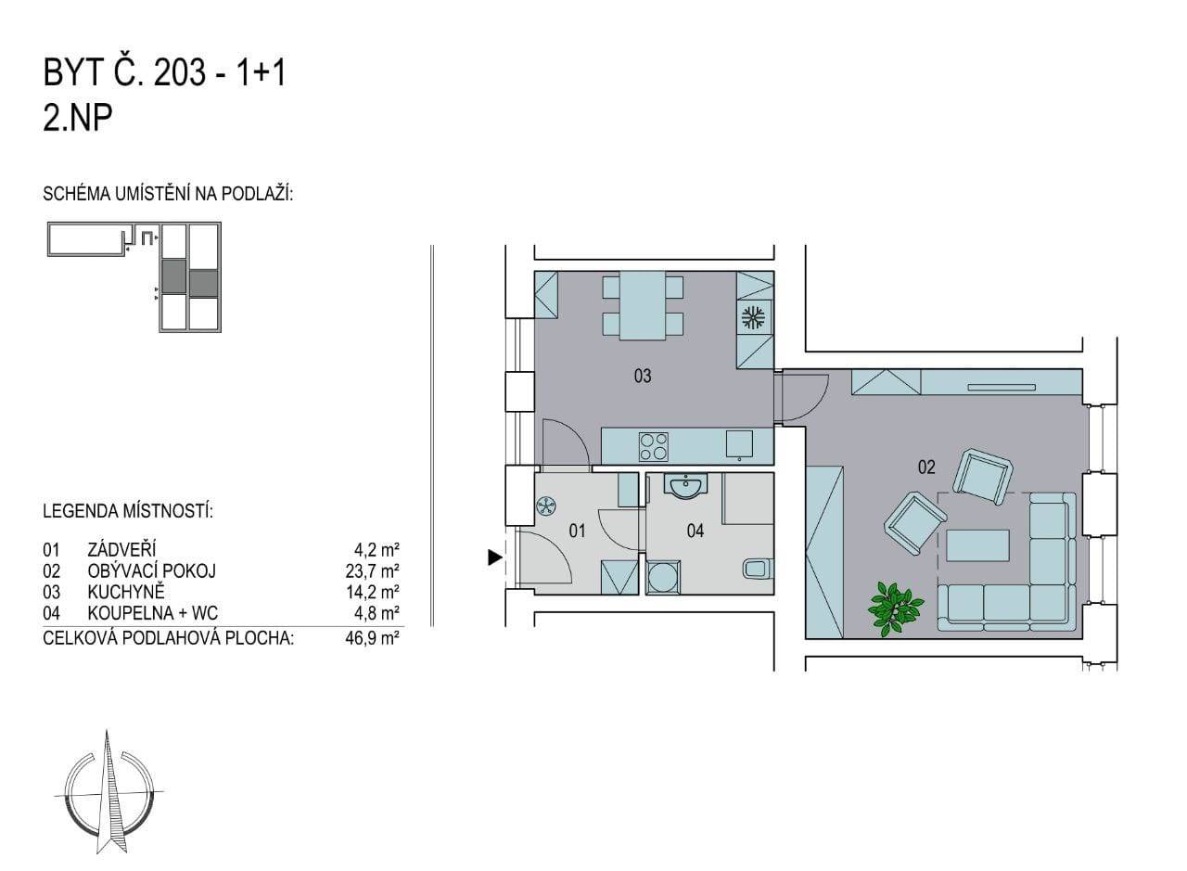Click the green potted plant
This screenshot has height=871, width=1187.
pos(895,609)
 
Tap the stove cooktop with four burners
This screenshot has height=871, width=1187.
pos(654,446)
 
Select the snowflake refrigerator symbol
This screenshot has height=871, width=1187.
pos(752,317)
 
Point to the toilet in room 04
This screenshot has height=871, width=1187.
pos(759,569)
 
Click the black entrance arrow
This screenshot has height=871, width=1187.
pos(495,557)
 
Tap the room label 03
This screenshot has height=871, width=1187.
pos(643,376)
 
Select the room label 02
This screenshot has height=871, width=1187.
pos(926,468)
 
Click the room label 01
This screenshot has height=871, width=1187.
pos(577,531)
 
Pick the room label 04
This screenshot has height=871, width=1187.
pos(696,531)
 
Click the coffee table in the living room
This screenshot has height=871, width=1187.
pos(977,545)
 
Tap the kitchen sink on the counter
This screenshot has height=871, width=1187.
pos(739,443)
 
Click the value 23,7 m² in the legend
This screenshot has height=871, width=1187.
pos(372,571)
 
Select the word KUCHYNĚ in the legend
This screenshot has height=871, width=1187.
pos(126,592)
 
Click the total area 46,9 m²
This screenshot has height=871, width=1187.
pos(372,638)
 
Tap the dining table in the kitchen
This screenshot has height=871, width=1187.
pos(643,305)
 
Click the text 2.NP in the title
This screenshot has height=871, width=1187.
pos(77,118)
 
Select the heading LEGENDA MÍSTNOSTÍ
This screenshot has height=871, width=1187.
pos(128,512)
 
